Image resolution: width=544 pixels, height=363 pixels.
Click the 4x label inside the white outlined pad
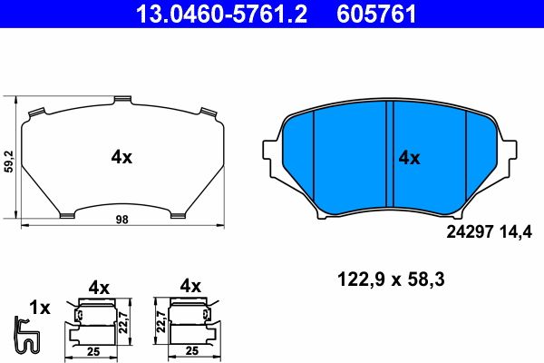(121, 157)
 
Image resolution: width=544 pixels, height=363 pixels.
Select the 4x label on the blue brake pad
(409, 158)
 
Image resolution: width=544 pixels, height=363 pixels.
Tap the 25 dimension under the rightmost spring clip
(190, 349)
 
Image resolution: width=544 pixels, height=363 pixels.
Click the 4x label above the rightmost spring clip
(190, 287)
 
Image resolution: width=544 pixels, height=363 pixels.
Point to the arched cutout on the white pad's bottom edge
(121, 209)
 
